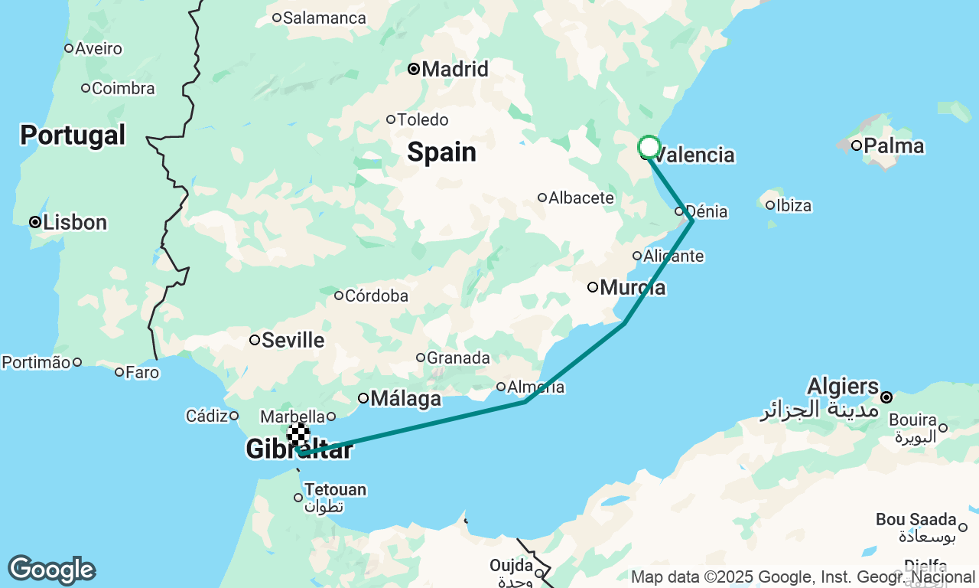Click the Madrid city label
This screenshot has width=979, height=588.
tap(454, 70)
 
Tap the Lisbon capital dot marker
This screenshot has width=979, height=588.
tap(35, 222)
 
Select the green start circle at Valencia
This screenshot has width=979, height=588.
tap(649, 146)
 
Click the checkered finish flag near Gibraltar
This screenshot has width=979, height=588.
tap(298, 434)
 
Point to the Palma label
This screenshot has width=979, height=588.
tap(893, 145)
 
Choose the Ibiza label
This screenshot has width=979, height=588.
tap(793, 205)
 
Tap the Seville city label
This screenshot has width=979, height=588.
tap(292, 340)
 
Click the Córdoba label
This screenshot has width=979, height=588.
tap(376, 296)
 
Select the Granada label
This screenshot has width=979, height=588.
tap(457, 358)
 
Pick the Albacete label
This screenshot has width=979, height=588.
tap(581, 198)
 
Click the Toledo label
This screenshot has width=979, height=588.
tap(422, 119)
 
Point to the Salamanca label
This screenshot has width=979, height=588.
tap(324, 18)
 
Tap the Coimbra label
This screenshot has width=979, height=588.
tap(122, 88)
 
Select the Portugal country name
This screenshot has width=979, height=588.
tap(73, 136)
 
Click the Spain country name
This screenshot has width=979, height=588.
tap(441, 152)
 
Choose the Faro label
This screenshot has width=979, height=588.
tap(142, 373)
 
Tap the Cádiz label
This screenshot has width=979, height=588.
tap(207, 416)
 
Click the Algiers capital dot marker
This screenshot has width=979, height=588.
tap(886, 397)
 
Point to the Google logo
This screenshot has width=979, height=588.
tap(51, 570)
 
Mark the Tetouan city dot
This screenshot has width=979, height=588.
tap(298, 498)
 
